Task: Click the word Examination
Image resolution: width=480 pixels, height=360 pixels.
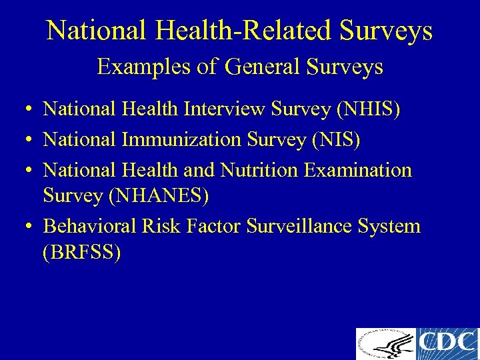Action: pyautogui.click(x=357, y=170)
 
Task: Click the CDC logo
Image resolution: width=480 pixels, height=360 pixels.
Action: pyautogui.click(x=448, y=344)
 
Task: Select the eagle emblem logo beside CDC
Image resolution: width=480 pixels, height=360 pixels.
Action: pyautogui.click(x=385, y=344)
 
